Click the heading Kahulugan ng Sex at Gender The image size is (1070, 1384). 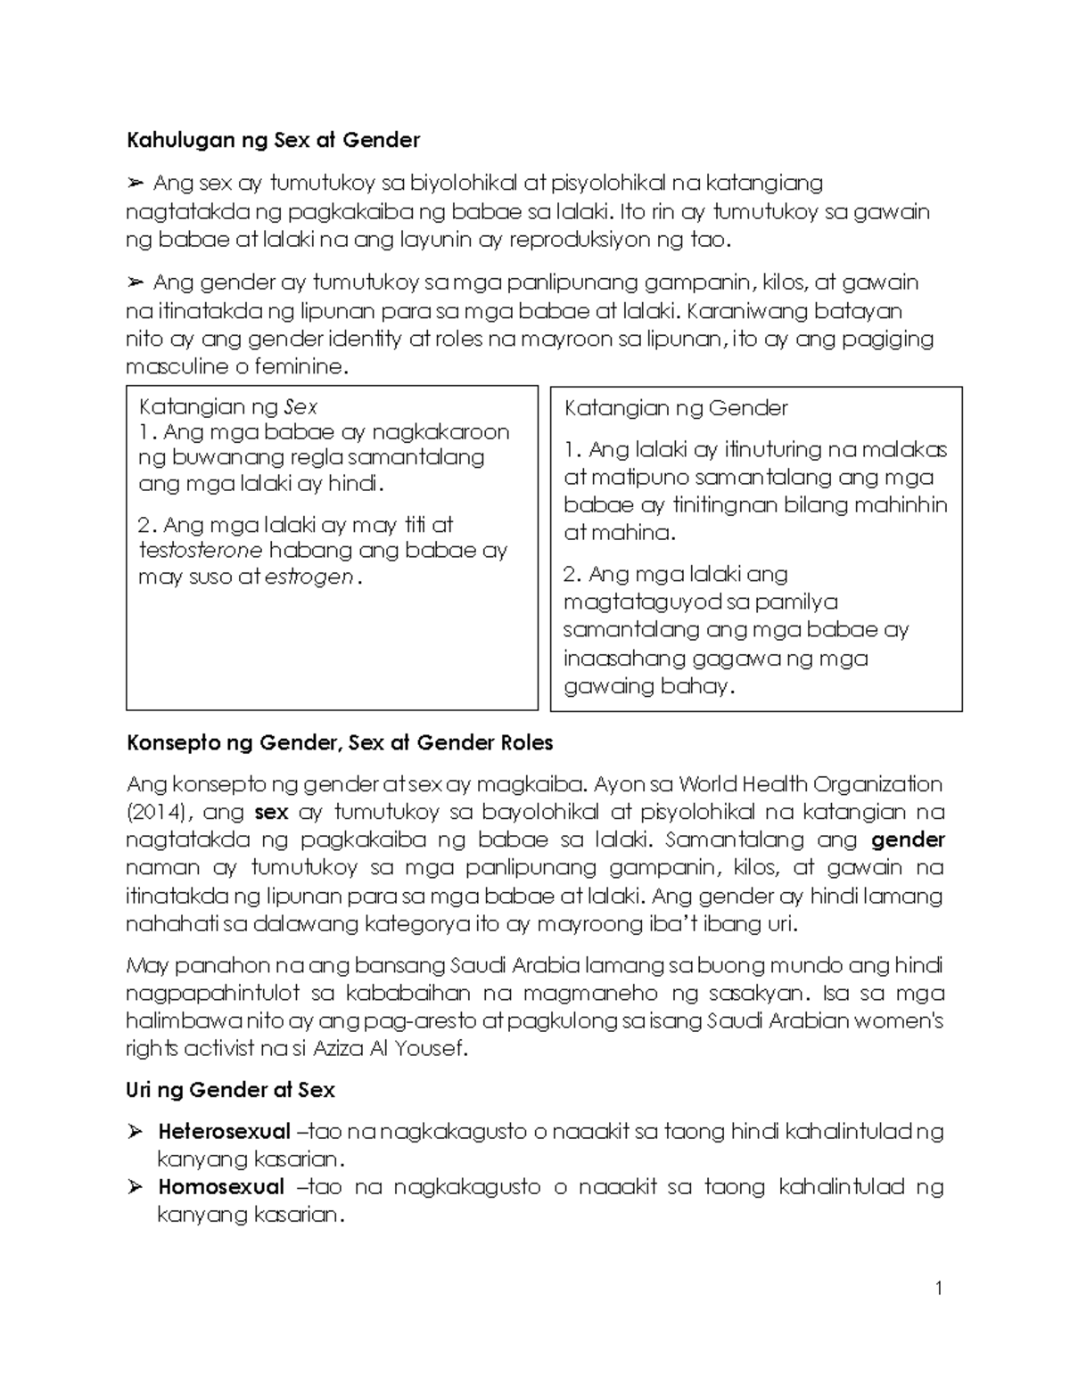(x=273, y=140)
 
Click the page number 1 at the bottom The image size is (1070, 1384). (x=939, y=1288)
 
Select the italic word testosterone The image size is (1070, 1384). (x=201, y=550)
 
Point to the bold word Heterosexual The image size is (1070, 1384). (x=224, y=1132)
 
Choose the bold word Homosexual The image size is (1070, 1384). (x=221, y=1187)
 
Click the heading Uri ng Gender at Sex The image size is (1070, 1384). (x=230, y=1090)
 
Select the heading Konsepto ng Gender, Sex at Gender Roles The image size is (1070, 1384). (x=340, y=743)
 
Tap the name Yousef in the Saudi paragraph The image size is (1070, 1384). (x=432, y=1049)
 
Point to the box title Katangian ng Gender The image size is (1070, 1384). (x=676, y=408)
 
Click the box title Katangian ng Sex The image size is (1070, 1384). (x=228, y=407)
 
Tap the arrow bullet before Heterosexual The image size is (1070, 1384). (x=136, y=1132)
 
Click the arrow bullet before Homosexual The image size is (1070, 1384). (x=136, y=1187)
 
